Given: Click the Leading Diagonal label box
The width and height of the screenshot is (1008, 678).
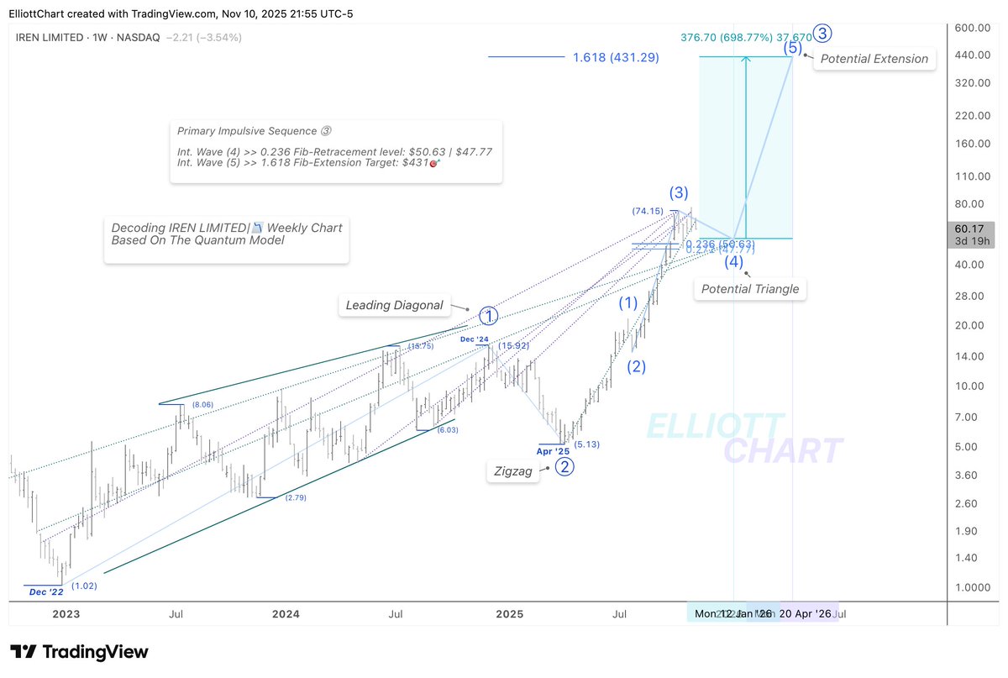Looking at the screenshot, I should [x=394, y=306].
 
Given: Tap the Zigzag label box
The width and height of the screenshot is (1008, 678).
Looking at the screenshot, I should [x=513, y=471].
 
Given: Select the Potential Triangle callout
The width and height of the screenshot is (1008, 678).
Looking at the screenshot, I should [x=750, y=289].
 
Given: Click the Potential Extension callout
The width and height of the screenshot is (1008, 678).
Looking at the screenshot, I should [x=874, y=59].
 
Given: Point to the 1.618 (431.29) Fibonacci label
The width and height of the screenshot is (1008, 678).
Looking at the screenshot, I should [x=616, y=58].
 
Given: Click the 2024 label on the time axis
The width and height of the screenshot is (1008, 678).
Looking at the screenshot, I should [x=286, y=614].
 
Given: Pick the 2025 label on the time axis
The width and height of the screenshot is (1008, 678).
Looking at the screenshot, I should [x=509, y=614].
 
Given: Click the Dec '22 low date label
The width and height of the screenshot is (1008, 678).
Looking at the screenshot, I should [x=45, y=591].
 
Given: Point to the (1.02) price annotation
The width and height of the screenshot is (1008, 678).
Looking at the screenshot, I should [x=85, y=586].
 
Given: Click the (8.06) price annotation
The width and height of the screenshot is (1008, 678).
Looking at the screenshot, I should [x=203, y=405].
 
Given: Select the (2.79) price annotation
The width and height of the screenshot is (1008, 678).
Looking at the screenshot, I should [x=295, y=498].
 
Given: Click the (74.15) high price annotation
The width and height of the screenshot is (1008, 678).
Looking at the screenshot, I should [x=648, y=211].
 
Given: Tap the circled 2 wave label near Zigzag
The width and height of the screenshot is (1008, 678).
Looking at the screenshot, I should [x=565, y=467].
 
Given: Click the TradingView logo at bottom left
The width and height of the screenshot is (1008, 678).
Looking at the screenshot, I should [x=79, y=652].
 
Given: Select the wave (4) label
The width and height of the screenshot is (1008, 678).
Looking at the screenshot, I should [x=734, y=262].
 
